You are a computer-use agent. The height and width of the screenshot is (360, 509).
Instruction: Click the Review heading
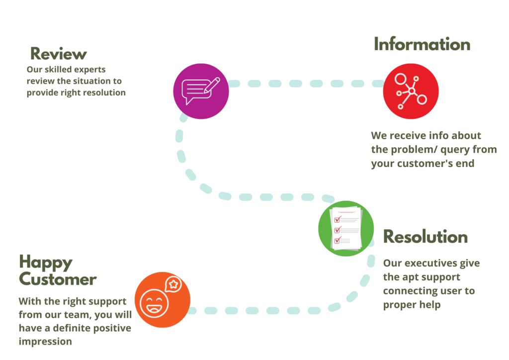(x=59, y=53)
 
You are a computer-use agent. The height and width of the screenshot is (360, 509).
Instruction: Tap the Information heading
(x=422, y=44)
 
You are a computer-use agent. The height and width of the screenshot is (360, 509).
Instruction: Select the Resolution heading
(x=425, y=237)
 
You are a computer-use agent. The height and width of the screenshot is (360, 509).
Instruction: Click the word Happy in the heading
(x=46, y=262)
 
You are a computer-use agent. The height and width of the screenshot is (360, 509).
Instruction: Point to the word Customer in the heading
(x=58, y=279)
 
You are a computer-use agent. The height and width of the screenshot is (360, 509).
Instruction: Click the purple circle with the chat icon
(x=201, y=91)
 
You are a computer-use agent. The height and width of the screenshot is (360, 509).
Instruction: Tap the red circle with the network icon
(x=411, y=91)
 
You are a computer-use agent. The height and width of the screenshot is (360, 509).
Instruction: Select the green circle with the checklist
(x=346, y=229)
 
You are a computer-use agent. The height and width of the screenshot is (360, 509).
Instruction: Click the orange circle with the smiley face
(x=163, y=300)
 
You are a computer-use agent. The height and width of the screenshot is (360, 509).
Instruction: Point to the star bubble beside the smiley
(x=173, y=284)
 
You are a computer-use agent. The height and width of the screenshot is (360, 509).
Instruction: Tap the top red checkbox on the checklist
(x=337, y=219)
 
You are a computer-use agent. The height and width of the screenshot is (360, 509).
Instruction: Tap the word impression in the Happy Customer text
(x=45, y=342)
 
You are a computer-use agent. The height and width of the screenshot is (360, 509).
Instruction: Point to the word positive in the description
(x=113, y=328)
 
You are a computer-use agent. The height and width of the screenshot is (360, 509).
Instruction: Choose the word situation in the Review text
(x=92, y=81)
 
